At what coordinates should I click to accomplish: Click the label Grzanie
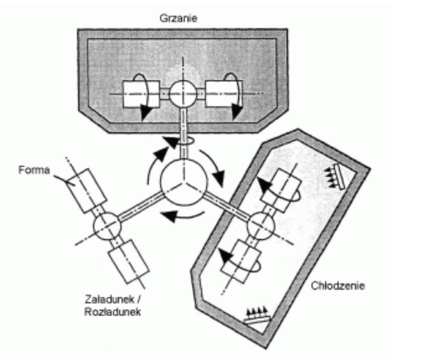[179, 18]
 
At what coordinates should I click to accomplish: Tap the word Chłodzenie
[337, 286]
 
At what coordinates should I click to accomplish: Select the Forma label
[34, 170]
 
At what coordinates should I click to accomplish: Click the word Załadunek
[109, 299]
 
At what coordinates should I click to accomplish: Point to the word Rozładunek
[112, 312]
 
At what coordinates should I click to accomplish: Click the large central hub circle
[184, 182]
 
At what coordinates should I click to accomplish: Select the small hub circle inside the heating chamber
[183, 94]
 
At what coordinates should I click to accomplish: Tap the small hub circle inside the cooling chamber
[261, 226]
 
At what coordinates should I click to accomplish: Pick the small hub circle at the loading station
[107, 226]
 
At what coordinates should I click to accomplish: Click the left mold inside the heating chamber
[141, 94]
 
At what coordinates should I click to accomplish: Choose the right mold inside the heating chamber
[224, 94]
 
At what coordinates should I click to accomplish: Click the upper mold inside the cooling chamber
[281, 190]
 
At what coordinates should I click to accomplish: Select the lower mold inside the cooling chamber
[241, 262]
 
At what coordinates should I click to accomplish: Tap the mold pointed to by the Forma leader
[86, 190]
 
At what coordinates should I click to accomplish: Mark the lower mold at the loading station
[129, 262]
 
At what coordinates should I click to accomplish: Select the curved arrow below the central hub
[183, 217]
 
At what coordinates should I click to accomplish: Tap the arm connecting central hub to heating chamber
[184, 134]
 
